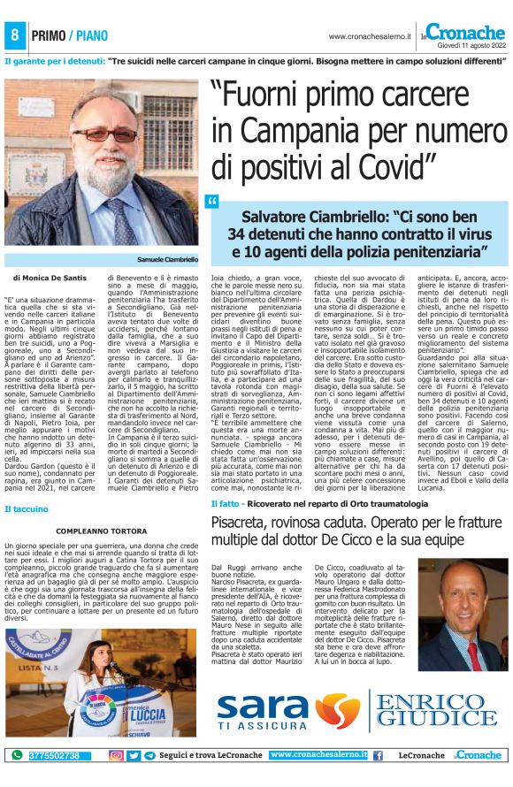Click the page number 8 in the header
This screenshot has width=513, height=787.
point(14,35)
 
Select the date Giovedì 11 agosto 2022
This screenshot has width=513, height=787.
point(471,44)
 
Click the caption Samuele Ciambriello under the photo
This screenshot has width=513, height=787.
point(167,259)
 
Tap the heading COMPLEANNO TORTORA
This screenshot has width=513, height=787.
point(101,531)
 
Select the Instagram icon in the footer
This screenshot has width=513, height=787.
point(116,755)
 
